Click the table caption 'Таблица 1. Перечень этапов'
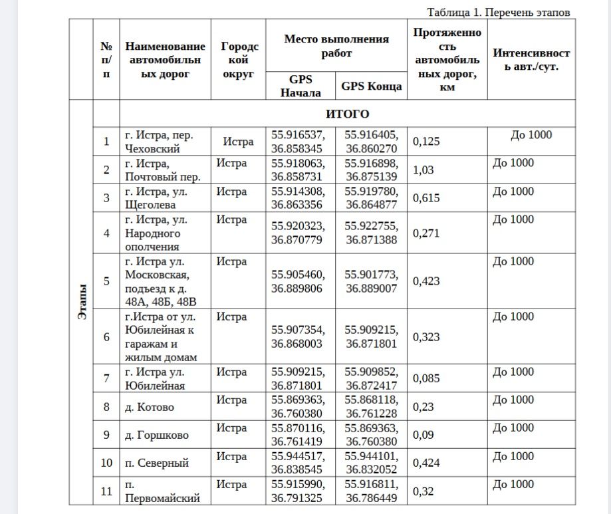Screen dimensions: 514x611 click(x=499, y=13)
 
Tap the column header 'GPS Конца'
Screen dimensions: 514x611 click(x=371, y=86)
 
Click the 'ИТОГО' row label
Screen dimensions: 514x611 click(x=347, y=114)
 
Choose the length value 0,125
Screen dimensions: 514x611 click(x=427, y=142)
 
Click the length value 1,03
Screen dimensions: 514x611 click(x=424, y=170)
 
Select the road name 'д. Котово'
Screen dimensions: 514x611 click(x=150, y=407)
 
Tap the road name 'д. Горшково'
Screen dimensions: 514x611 click(x=157, y=436)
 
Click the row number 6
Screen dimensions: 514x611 click(x=106, y=336)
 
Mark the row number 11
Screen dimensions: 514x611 click(x=106, y=491)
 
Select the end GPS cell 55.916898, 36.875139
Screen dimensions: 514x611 click(x=371, y=170)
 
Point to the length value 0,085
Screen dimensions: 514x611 click(x=427, y=379)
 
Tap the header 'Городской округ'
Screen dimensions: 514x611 click(x=239, y=60)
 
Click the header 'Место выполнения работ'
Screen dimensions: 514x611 click(x=336, y=46)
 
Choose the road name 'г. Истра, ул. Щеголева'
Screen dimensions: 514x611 click(x=156, y=198)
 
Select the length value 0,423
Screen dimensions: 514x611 click(x=427, y=281)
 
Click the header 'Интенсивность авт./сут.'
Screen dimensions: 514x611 click(x=531, y=60)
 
